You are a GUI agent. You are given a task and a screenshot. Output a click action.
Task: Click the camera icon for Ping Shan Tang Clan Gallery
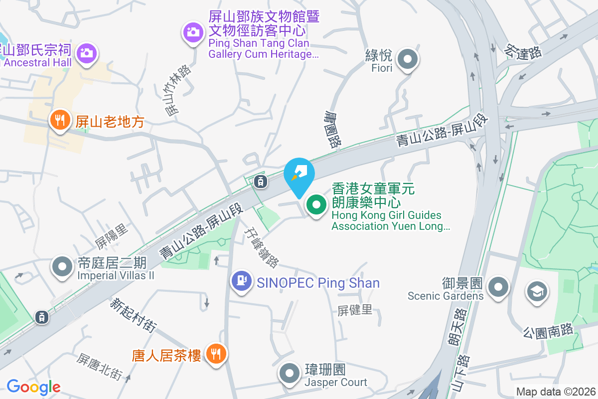point(192,33)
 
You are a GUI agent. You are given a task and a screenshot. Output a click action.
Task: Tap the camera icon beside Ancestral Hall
point(87,52)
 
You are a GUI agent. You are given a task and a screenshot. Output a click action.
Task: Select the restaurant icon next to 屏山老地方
point(59,120)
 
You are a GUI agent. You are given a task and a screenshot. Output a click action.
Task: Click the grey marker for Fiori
point(408,59)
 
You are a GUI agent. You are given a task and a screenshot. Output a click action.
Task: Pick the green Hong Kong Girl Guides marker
point(316,204)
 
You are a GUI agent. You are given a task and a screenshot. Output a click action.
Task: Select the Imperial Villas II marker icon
point(62,266)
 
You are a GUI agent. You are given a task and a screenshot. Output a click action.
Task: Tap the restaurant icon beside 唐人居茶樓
point(216,354)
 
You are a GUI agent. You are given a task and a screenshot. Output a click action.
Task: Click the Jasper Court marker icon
point(290,374)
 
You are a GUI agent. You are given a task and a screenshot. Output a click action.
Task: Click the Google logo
point(33,387)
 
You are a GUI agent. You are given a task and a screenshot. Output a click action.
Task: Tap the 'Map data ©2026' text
point(556,392)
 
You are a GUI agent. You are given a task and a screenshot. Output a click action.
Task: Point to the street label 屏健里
point(355,310)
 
